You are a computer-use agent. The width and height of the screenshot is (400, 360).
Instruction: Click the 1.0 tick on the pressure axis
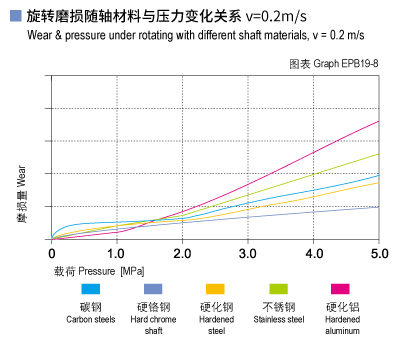click(x=117, y=251)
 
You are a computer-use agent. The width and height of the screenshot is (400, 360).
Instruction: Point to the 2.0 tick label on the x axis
click(x=182, y=251)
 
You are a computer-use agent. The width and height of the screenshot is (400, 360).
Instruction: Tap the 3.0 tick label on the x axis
click(x=248, y=251)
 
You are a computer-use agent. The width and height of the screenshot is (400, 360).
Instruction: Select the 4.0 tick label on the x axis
click(x=313, y=251)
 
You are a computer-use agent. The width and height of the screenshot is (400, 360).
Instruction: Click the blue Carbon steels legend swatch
click(x=90, y=289)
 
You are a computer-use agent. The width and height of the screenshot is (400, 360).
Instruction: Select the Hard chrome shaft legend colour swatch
click(x=153, y=289)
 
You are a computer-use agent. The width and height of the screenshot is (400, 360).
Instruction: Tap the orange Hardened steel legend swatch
click(x=216, y=289)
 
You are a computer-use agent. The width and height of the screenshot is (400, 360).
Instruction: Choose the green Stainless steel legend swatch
click(x=280, y=289)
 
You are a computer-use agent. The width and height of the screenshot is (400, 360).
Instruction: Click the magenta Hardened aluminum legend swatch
click(x=343, y=289)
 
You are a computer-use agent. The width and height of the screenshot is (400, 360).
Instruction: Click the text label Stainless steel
click(x=280, y=320)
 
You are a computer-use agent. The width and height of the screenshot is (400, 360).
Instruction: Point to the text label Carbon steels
click(x=90, y=320)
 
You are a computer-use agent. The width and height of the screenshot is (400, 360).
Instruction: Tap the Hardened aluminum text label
click(x=343, y=325)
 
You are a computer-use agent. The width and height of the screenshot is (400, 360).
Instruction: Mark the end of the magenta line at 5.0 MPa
click(x=378, y=121)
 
